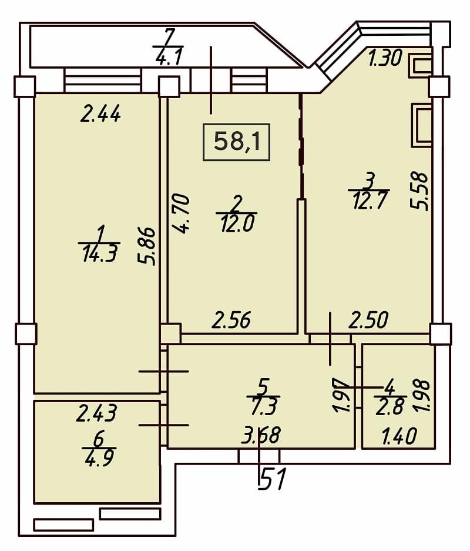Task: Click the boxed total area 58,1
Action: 237,142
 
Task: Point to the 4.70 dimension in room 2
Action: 182,213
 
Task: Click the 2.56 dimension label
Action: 231,320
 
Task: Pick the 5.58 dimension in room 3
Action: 420,191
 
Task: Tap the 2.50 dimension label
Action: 368,320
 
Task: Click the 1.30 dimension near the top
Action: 385,58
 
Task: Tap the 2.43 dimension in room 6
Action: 96,413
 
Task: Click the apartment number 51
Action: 272,479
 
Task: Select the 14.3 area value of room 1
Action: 99,253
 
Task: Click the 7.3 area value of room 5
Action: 264,406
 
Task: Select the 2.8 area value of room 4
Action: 390,407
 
